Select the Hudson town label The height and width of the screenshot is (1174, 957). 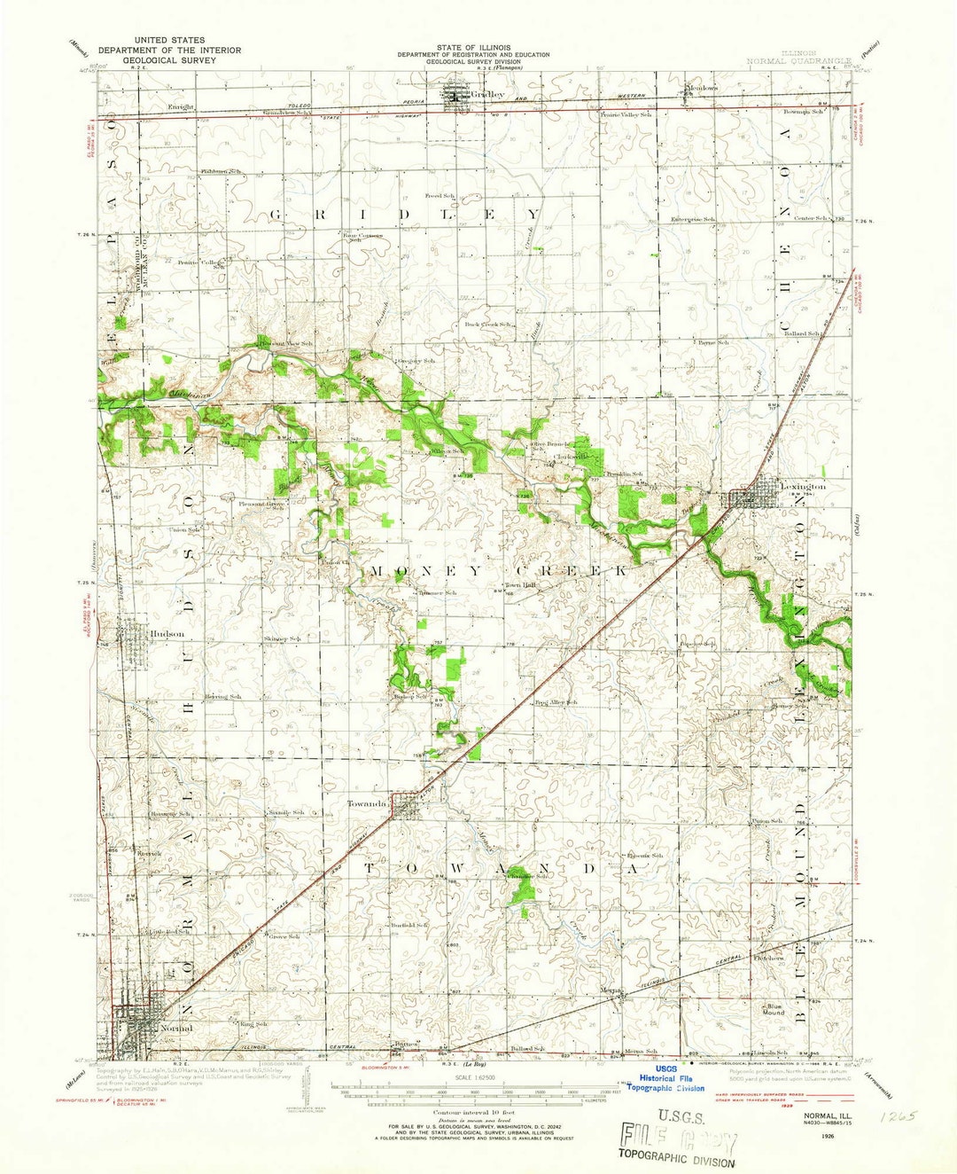[x=167, y=634]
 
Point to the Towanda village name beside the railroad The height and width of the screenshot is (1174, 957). [x=366, y=803]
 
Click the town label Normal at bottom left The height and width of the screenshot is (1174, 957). [x=177, y=1028]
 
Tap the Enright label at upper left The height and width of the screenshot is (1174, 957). [x=181, y=106]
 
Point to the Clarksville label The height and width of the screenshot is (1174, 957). [x=572, y=456]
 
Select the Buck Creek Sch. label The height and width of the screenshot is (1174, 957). [x=489, y=325]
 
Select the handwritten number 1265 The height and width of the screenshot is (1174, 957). [x=894, y=1116]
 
